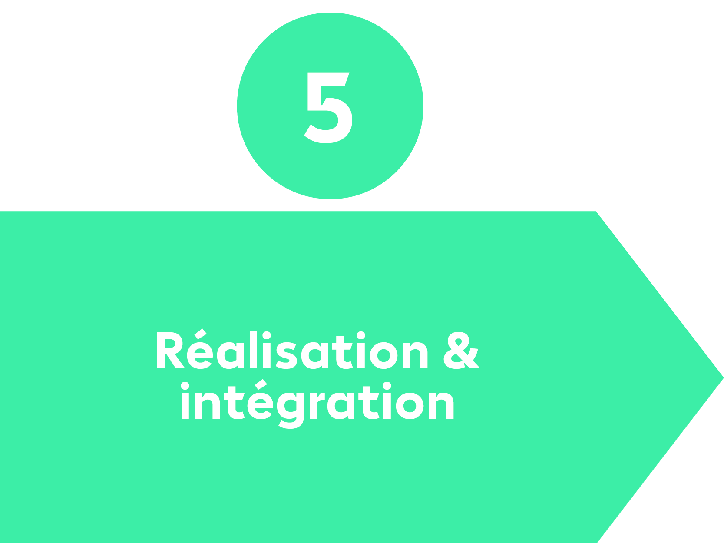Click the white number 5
(328, 108)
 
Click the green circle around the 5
(330, 106)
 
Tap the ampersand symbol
(462, 351)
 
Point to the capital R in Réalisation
(171, 351)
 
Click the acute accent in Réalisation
(200, 334)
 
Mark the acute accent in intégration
(261, 384)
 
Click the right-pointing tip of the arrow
(724, 377)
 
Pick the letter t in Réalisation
(341, 352)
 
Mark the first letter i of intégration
(185, 401)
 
